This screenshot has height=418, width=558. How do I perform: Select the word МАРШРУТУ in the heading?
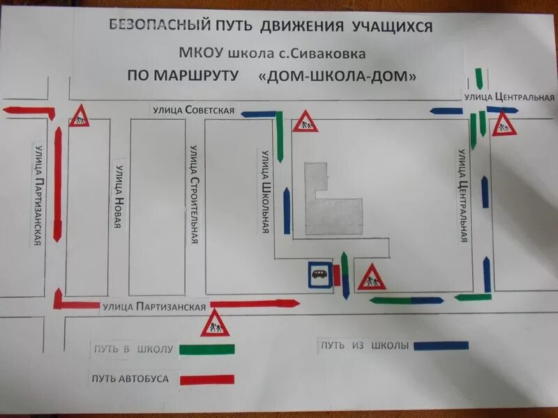(x=195, y=75)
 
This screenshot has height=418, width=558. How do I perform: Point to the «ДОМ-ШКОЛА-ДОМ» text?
(x=337, y=75)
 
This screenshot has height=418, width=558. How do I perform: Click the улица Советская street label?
(x=195, y=110)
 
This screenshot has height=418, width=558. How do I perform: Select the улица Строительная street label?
(x=195, y=194)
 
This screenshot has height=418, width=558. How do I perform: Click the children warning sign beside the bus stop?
(x=371, y=276)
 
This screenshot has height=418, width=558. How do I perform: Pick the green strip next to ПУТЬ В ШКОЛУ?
(x=206, y=349)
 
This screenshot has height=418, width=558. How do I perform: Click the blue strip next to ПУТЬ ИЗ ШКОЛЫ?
(x=441, y=345)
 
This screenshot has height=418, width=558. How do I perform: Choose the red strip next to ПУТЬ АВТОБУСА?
(x=207, y=380)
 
